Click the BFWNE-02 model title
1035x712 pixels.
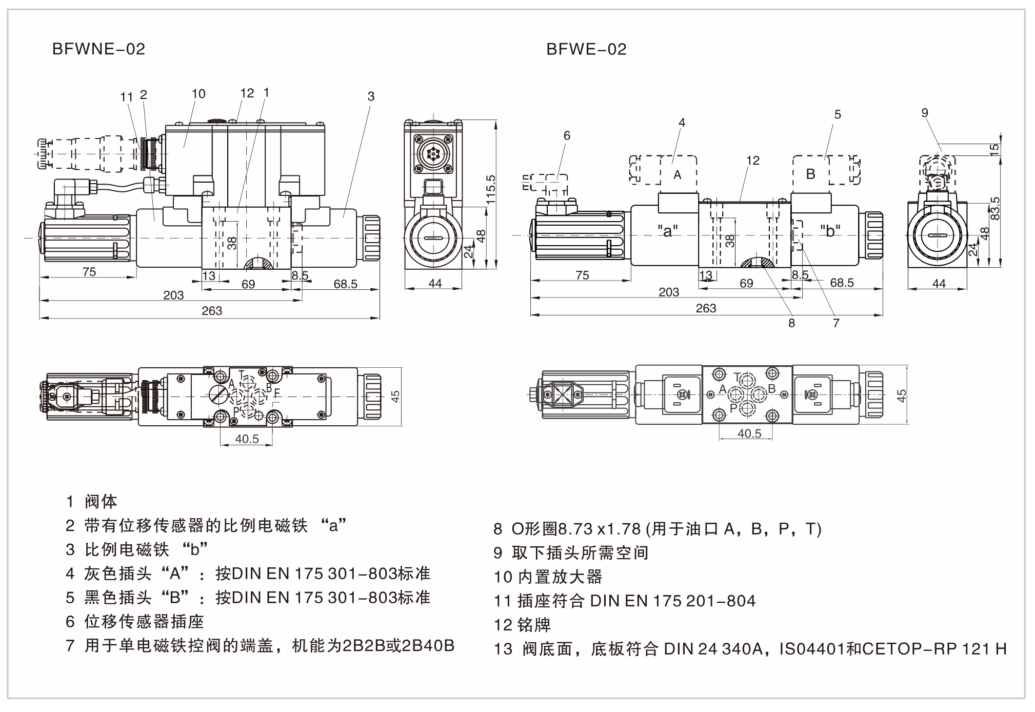[98, 49]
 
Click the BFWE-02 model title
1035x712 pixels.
[586, 49]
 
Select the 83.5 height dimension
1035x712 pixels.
[995, 208]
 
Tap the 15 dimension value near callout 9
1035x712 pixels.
[995, 149]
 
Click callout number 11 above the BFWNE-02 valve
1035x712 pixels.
[126, 97]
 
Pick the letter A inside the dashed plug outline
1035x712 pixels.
[677, 175]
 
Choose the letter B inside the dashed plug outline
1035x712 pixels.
[810, 174]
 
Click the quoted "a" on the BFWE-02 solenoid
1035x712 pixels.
[667, 231]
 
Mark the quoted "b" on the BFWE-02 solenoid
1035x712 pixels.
[830, 231]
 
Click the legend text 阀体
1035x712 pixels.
[101, 501]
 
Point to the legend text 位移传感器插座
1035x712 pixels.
[144, 622]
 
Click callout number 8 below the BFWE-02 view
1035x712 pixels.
[791, 323]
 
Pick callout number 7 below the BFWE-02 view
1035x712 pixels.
[836, 323]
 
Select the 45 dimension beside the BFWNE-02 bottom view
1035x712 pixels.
[395, 397]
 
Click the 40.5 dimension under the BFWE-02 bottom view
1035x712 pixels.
[749, 434]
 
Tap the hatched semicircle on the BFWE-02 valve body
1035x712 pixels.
[757, 263]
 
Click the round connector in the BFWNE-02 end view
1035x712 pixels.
[434, 154]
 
